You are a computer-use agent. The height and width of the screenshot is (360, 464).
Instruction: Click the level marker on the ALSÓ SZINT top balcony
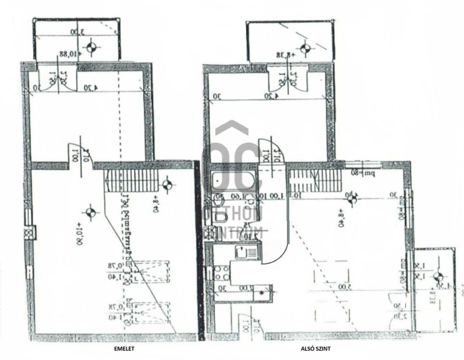[305, 49]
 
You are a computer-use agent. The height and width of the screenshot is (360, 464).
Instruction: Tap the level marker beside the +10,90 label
[90, 212]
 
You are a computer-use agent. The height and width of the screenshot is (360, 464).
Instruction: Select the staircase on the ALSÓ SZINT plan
[314, 179]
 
